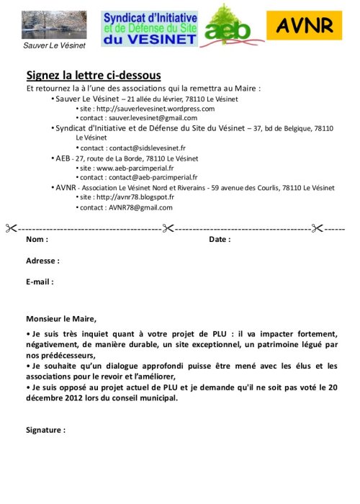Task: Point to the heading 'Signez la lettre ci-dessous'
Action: point(94,75)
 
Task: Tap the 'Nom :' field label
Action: point(37,239)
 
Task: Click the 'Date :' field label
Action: point(220,239)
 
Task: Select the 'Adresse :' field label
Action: point(42,261)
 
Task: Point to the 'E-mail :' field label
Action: point(40,282)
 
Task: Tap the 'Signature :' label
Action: point(45,430)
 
